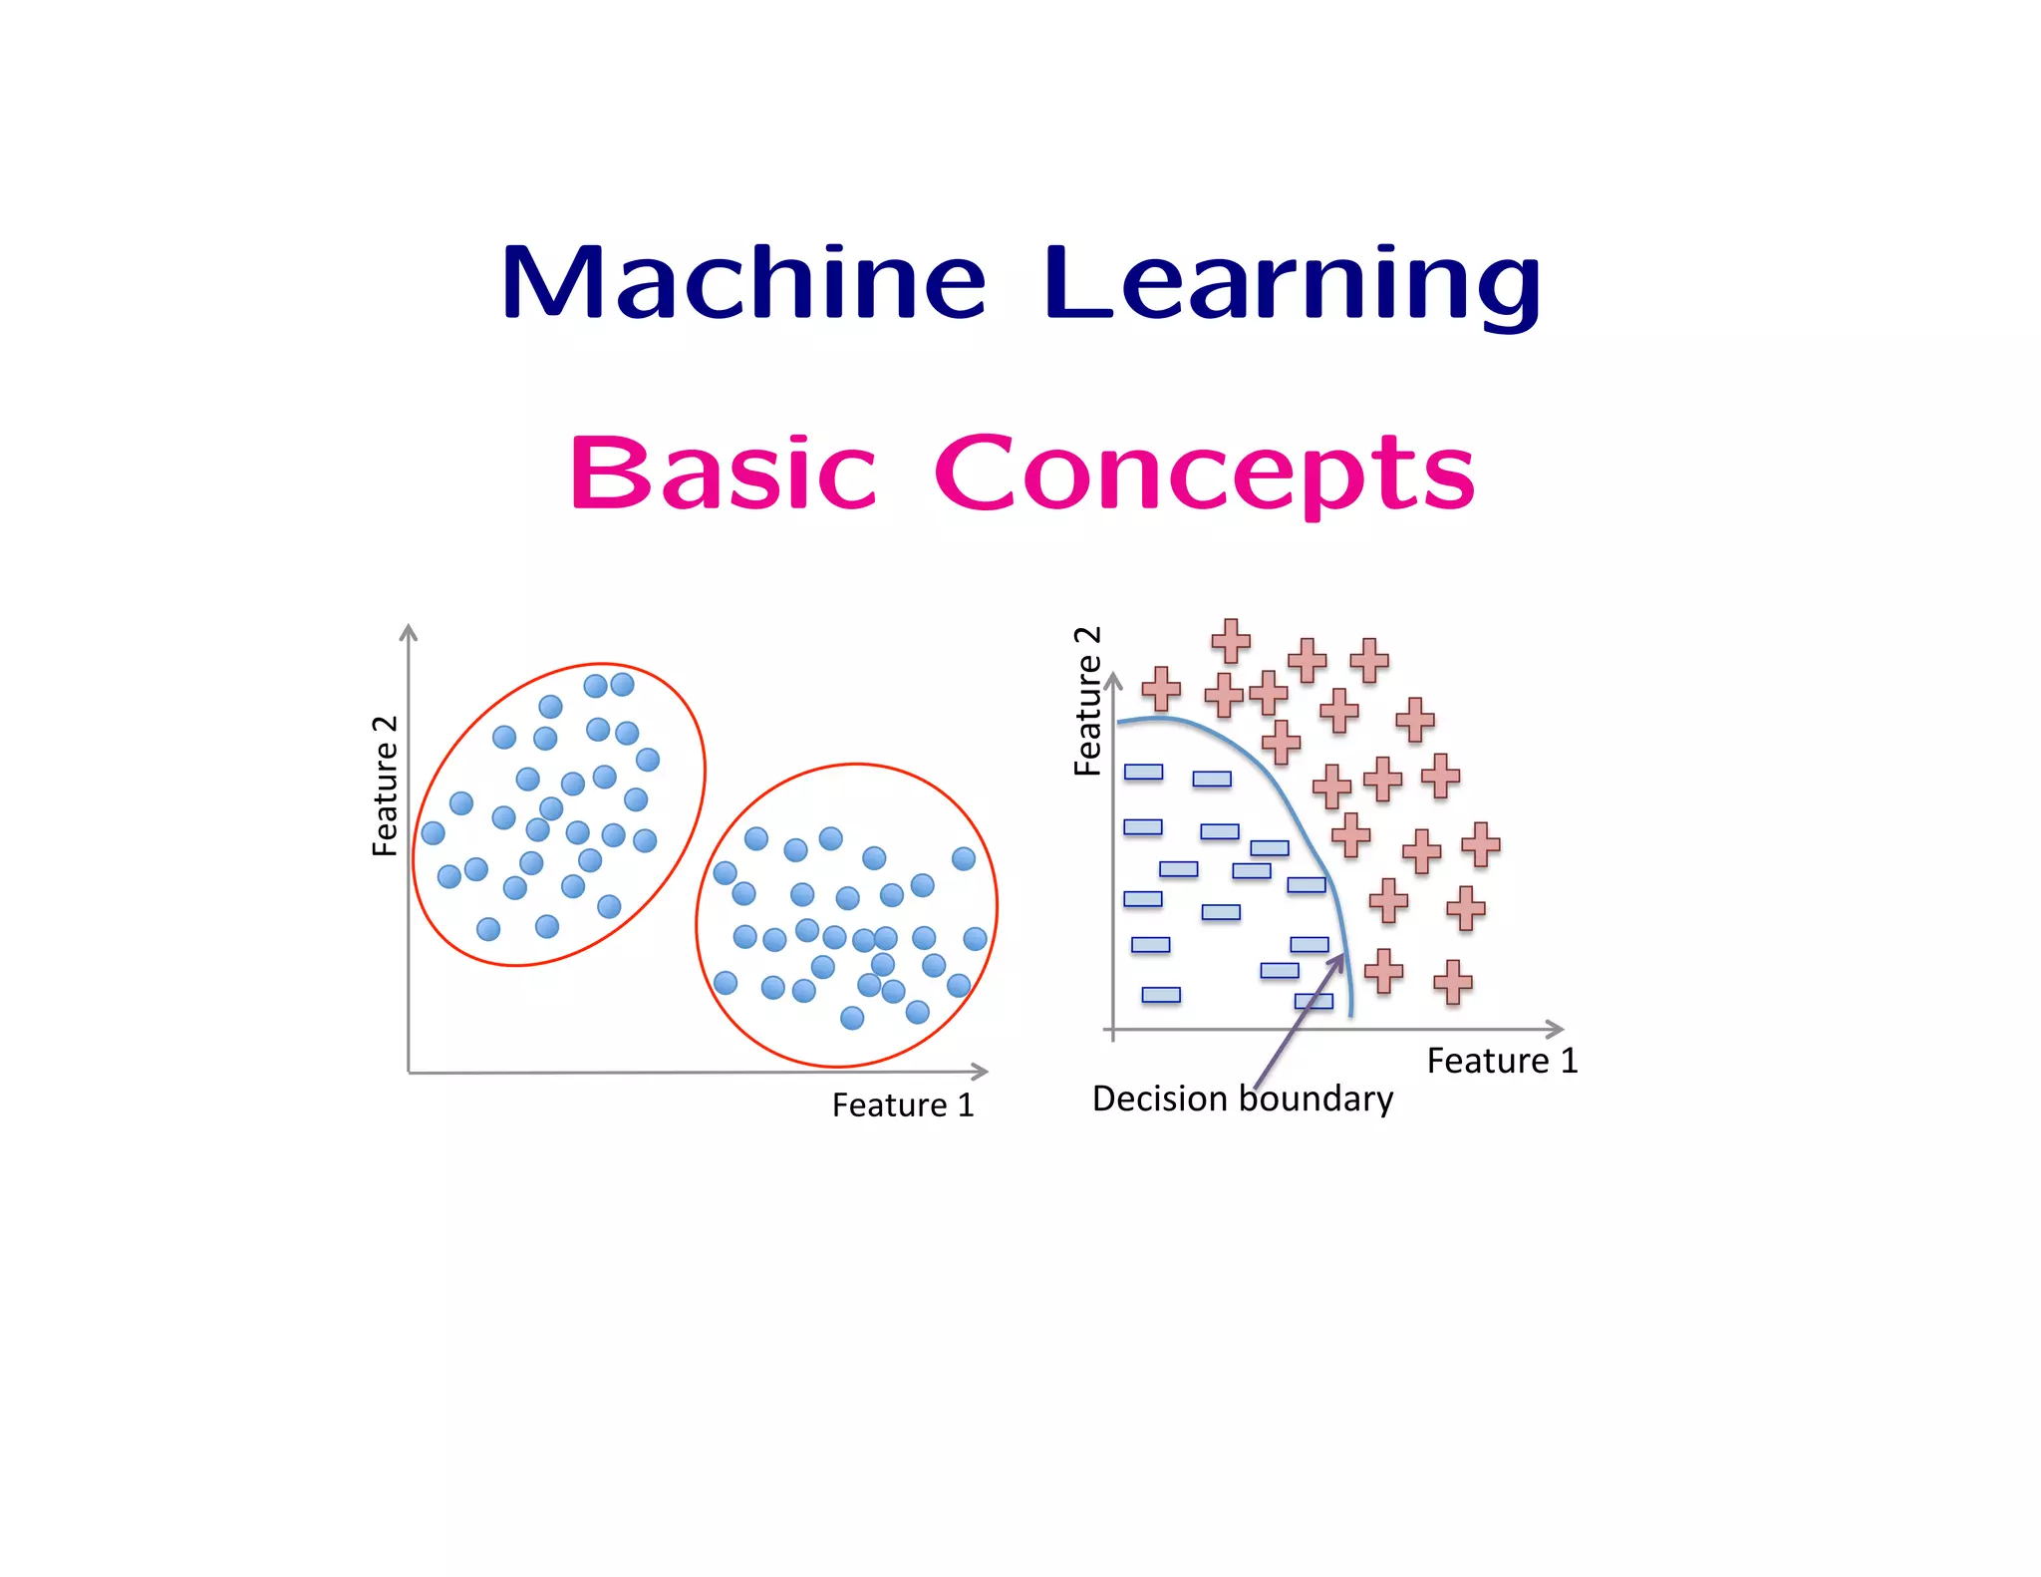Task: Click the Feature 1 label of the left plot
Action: [902, 1105]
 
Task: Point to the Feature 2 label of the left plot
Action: [385, 786]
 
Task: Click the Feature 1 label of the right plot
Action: [1502, 1061]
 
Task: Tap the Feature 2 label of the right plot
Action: [1087, 702]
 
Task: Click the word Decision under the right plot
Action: [1160, 1099]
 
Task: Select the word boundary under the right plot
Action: [1315, 1099]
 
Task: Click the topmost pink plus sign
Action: [1231, 641]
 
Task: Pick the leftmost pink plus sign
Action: [1161, 689]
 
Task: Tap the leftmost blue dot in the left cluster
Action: [434, 833]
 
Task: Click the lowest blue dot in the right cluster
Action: [852, 1018]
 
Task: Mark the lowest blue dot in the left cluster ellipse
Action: [488, 929]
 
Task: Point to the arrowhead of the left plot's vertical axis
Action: [409, 630]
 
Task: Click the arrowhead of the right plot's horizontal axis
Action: [1558, 1029]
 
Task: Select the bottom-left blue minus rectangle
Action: [1161, 995]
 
